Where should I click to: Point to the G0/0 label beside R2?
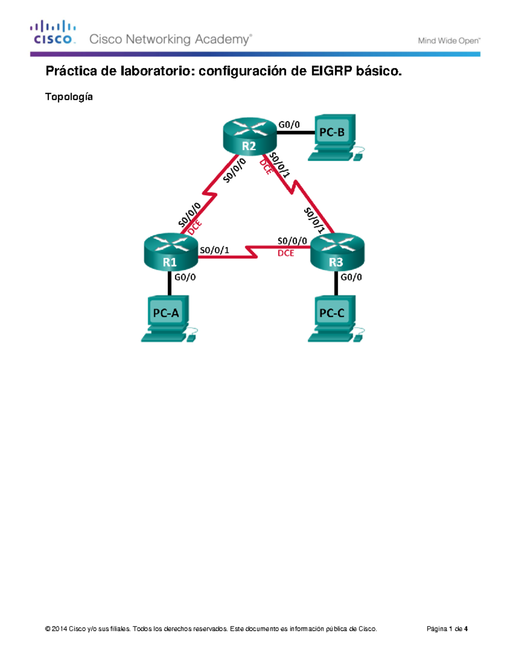tap(289, 125)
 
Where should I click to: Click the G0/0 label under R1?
tap(185, 277)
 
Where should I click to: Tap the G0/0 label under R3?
tap(351, 277)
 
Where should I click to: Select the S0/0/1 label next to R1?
tap(215, 250)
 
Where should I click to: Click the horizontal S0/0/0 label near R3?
tap(292, 241)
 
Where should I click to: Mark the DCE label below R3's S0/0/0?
tap(286, 253)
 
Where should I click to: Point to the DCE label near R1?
tap(195, 228)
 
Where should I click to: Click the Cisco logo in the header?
tap(53, 32)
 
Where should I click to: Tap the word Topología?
tap(69, 97)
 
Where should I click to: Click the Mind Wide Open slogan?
tap(449, 41)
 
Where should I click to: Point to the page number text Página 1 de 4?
tap(447, 628)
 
